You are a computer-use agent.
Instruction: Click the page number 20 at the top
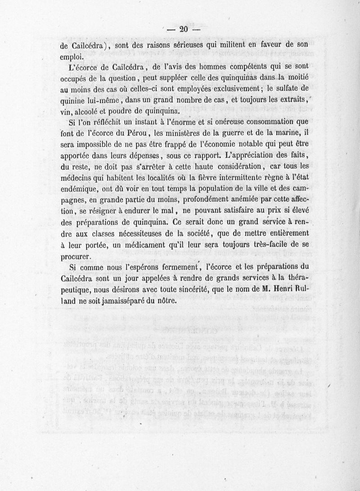tap(183, 30)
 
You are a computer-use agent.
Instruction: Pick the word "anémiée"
tap(234, 199)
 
